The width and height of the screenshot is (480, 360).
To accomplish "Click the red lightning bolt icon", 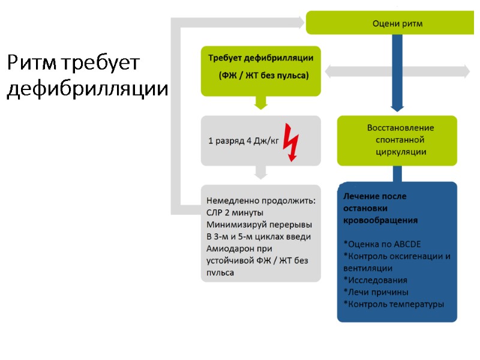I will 291,141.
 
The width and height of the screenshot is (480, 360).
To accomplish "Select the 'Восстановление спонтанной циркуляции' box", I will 397,140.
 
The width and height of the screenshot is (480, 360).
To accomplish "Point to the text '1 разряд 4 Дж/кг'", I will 244,142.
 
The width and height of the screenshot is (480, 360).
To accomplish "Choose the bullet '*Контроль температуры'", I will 394,304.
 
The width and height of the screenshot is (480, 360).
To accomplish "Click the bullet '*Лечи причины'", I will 376,292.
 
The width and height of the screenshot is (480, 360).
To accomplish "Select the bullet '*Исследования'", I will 375,280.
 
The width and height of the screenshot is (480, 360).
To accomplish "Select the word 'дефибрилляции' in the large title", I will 87,89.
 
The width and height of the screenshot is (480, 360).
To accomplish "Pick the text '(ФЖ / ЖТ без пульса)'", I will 263,76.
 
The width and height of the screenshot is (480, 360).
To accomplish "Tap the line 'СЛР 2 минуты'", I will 235,212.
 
